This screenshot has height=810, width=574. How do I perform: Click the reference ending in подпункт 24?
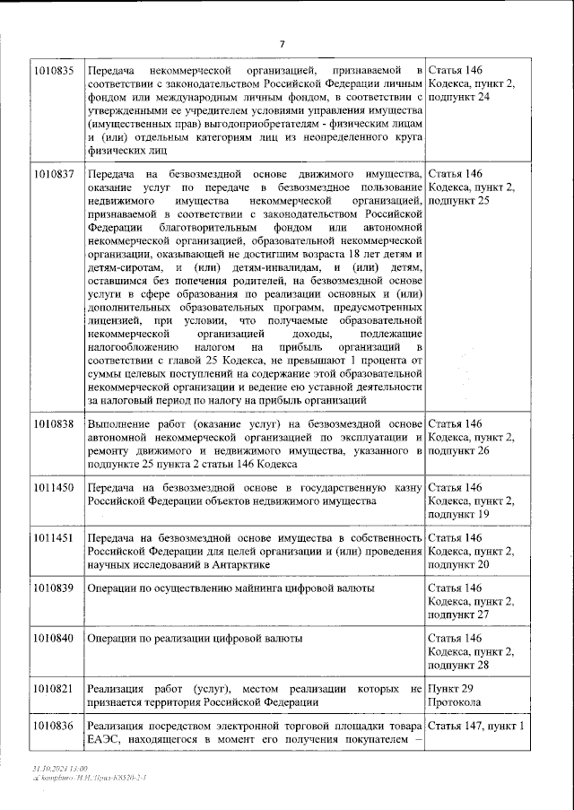[x=473, y=83]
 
